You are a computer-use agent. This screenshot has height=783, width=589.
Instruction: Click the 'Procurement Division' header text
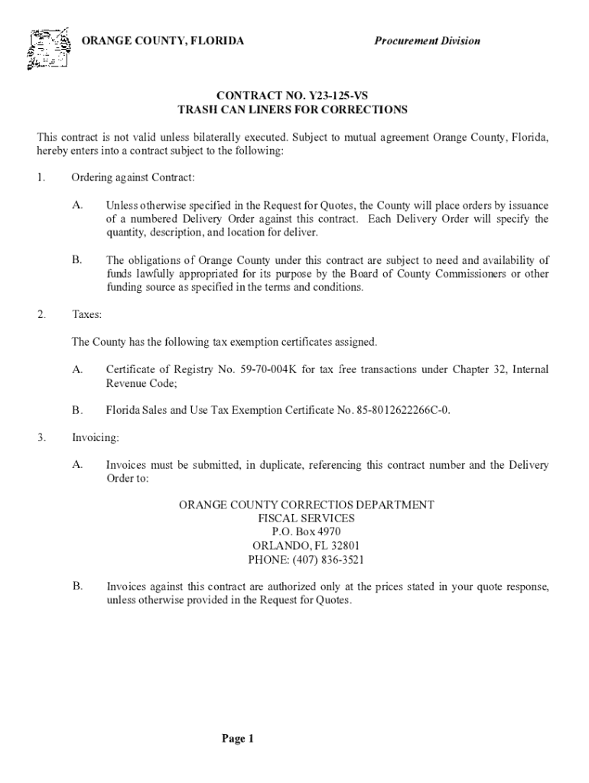tap(427, 41)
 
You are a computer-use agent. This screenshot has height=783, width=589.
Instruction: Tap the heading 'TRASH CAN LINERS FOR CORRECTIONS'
tap(292, 110)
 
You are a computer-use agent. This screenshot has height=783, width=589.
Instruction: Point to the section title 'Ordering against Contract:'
tap(133, 177)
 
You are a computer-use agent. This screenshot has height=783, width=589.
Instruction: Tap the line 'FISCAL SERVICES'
tap(306, 518)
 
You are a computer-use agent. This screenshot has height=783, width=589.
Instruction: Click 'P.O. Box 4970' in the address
tap(306, 531)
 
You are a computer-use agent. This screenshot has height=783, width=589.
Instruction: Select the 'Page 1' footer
tap(237, 738)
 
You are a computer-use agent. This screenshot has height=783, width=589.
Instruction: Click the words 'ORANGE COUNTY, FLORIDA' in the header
tap(163, 41)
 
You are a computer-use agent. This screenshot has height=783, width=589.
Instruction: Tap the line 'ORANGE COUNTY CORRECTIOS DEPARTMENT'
tap(306, 505)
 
